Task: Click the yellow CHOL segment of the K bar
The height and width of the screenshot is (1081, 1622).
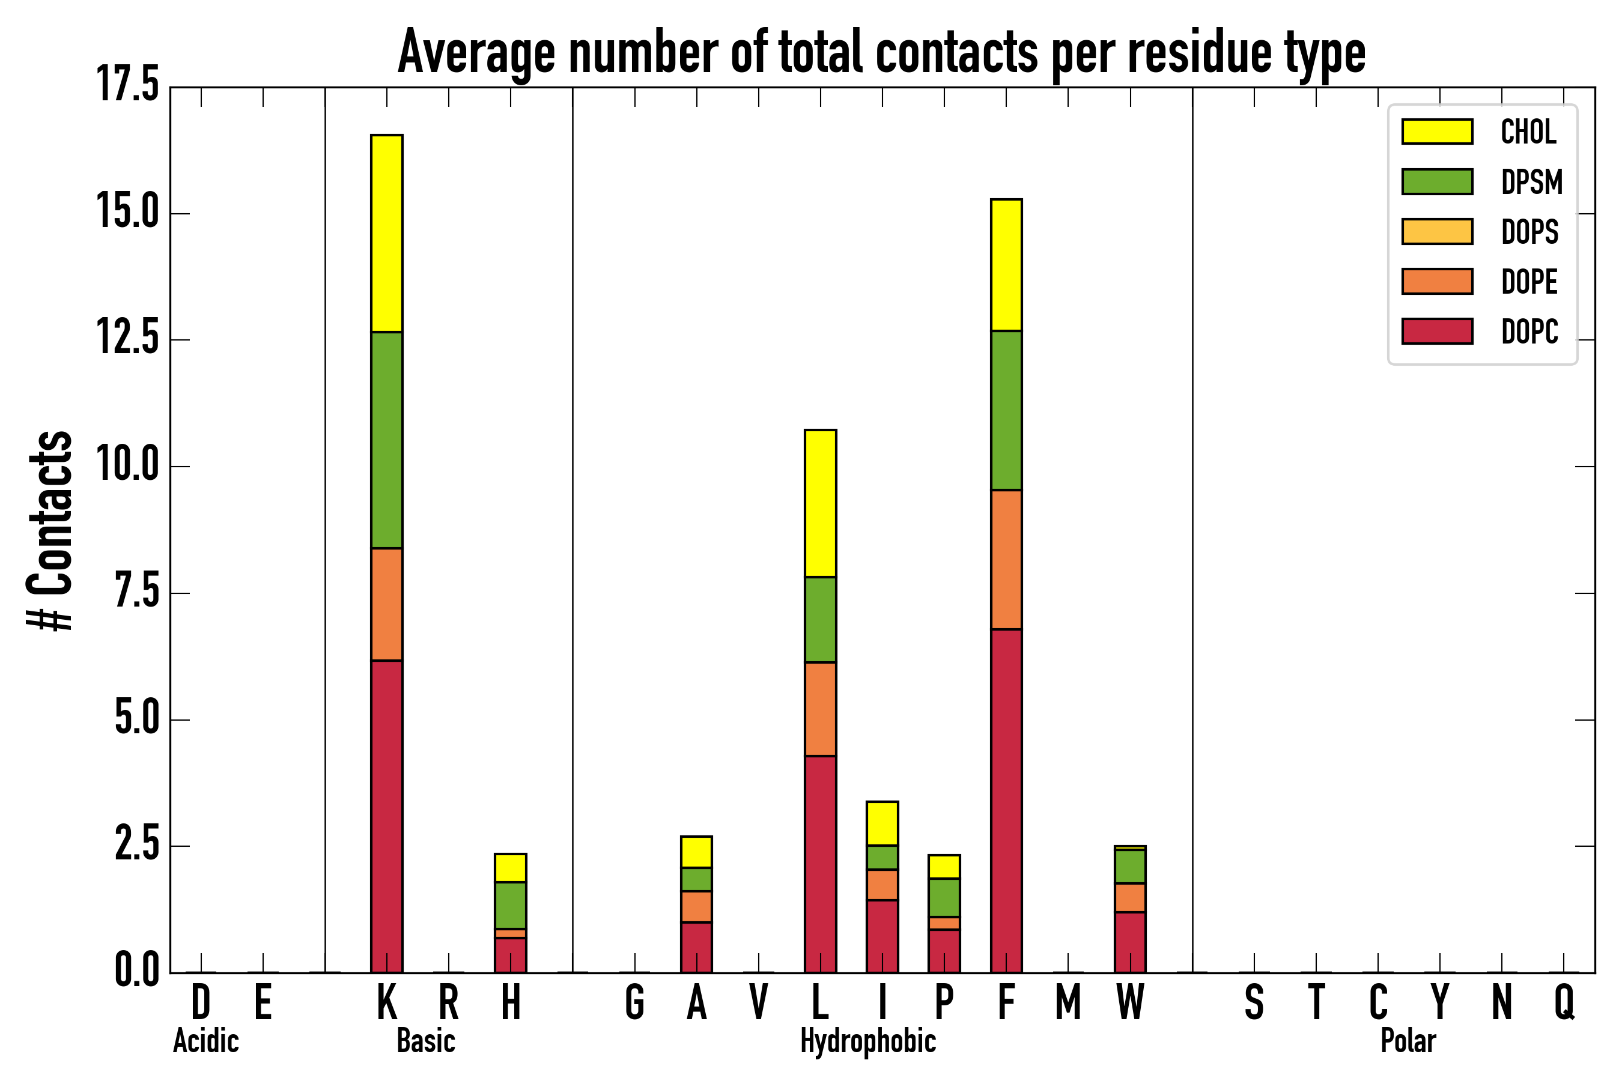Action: (387, 233)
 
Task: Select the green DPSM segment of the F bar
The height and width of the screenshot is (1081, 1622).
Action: (1006, 410)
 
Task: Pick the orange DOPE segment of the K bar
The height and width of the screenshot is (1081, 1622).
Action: (387, 604)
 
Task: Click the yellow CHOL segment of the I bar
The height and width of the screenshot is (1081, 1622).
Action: (882, 823)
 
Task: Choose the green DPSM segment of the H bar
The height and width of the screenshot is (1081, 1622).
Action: (510, 905)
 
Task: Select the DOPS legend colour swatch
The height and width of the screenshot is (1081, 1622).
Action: (1437, 232)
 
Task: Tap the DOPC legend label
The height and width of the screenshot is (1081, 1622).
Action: (1529, 332)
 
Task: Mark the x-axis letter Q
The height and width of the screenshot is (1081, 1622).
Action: (1564, 1002)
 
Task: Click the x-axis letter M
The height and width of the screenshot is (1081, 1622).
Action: (1068, 1002)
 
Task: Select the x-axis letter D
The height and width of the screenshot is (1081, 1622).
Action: (201, 1002)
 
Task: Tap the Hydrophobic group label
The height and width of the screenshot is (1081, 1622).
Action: (868, 1041)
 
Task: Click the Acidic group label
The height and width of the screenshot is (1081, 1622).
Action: (205, 1041)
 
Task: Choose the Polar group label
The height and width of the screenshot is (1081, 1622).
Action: (1408, 1041)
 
